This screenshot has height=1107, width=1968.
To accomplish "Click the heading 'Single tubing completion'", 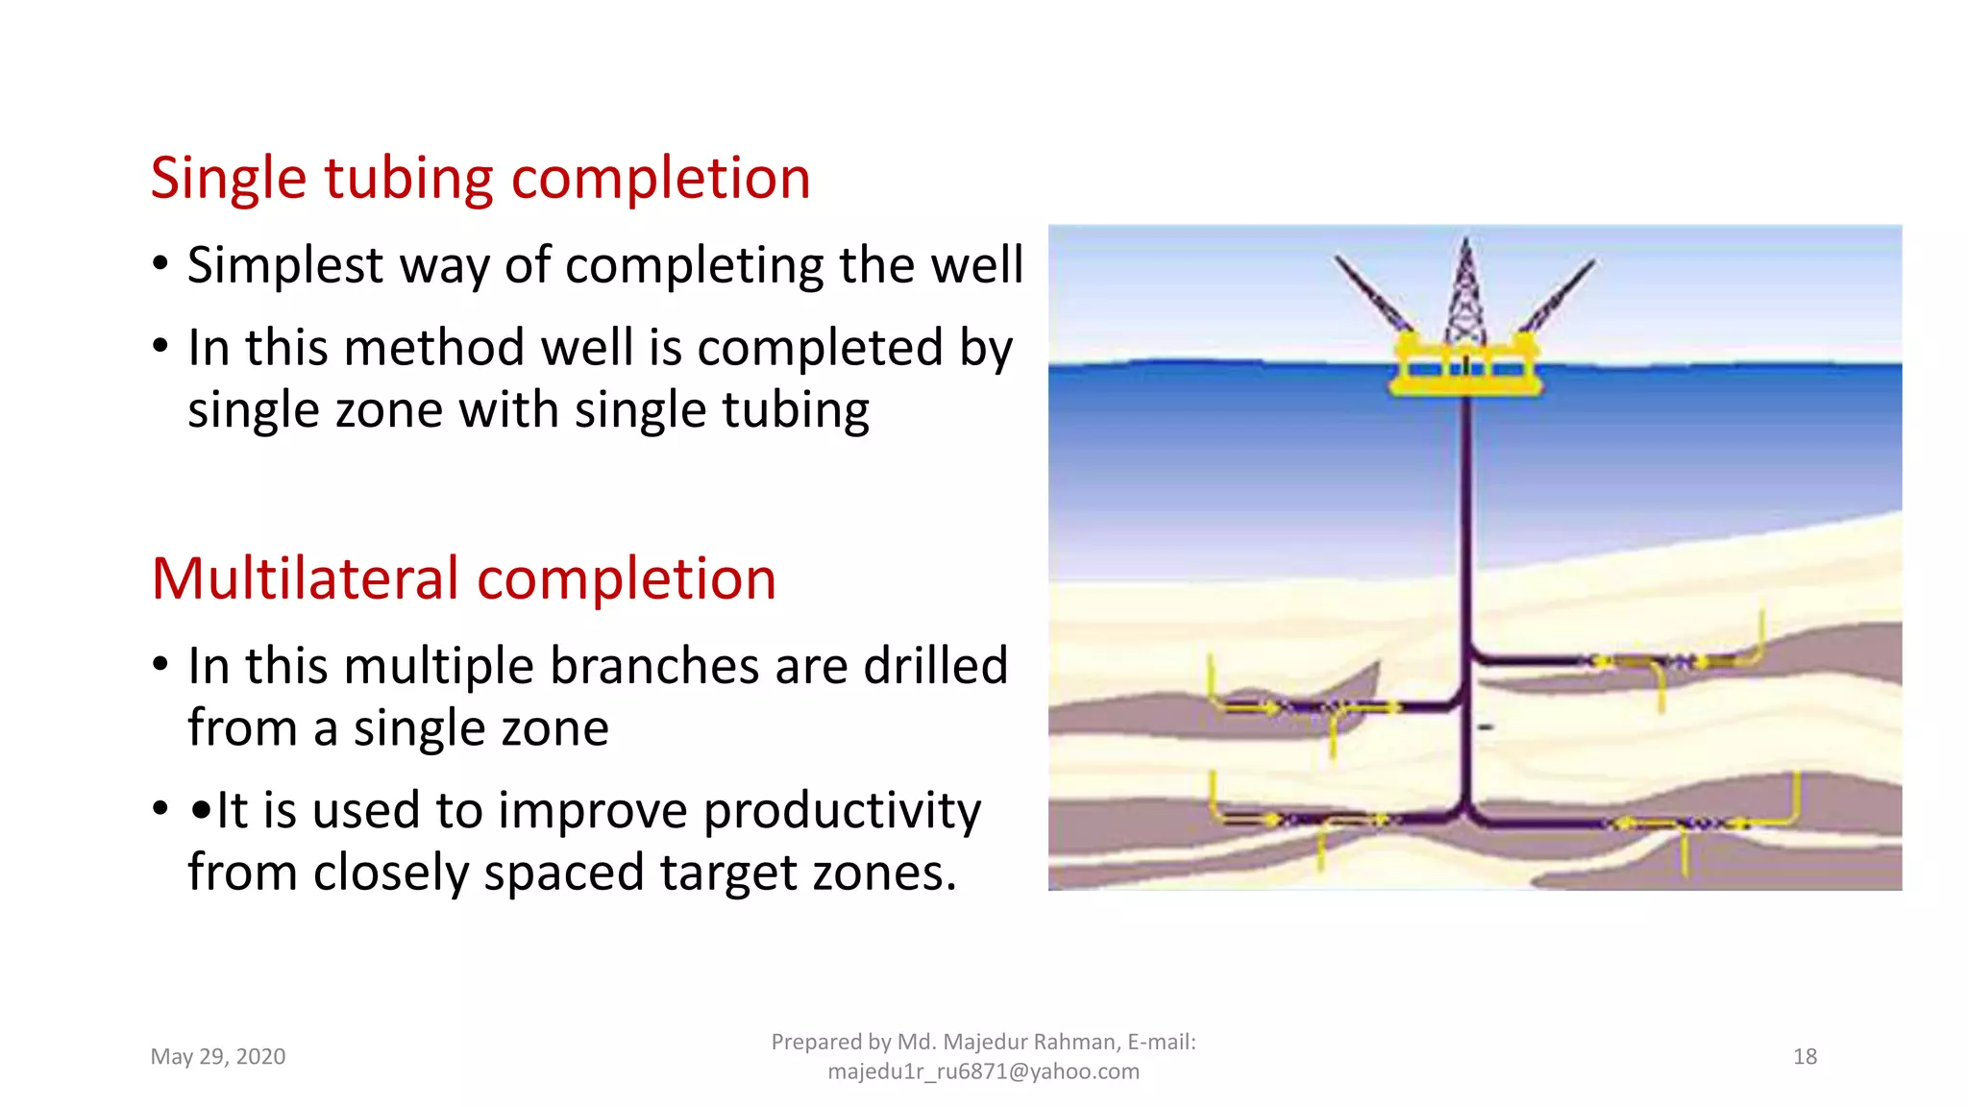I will (x=480, y=179).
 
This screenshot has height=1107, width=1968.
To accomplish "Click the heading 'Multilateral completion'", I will (x=463, y=579).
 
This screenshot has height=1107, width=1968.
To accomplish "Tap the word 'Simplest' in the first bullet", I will (x=284, y=265).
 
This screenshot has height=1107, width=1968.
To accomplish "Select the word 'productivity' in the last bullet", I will (x=842, y=810).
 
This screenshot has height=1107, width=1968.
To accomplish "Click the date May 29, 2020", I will (x=218, y=1056).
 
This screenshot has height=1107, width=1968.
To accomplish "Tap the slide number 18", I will (x=1805, y=1056).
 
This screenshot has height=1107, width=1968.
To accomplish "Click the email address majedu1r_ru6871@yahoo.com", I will (x=983, y=1071).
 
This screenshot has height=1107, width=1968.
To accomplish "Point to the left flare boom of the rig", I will (x=1372, y=294).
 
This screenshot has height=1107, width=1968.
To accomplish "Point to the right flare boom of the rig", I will (x=1559, y=294).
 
